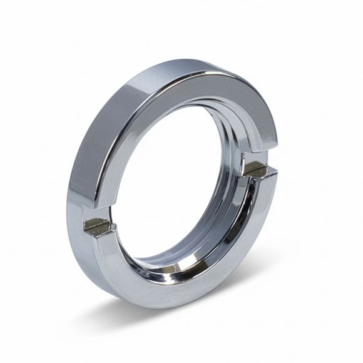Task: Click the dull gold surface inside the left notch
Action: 99,225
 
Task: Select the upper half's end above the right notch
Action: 263,153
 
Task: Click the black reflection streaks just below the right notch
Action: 250,188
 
